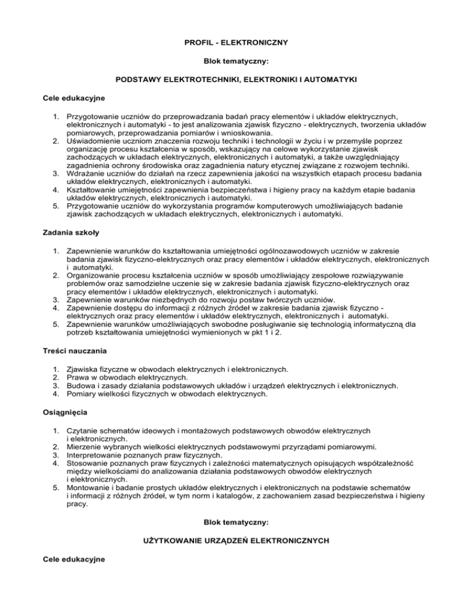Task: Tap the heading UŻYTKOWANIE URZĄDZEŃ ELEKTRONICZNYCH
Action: point(236,540)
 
